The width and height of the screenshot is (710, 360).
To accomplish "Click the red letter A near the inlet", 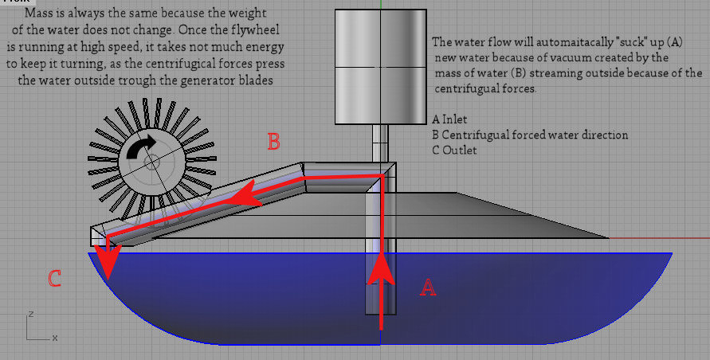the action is point(428,287).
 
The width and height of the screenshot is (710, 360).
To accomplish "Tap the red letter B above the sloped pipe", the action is point(273,142).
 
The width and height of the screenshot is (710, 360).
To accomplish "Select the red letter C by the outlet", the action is point(54,279).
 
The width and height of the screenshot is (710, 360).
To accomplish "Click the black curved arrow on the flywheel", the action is point(141,147).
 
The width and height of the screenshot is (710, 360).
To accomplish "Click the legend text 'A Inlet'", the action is point(449,119).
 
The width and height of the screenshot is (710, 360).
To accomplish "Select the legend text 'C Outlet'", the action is point(454,150).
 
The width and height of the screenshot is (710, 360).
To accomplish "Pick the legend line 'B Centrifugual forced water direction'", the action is point(530,135).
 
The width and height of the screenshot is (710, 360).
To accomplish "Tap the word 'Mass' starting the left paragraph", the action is point(36,13).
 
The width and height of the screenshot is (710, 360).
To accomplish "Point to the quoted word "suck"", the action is point(627,42).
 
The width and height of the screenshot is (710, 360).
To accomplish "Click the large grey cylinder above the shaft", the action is point(380,67).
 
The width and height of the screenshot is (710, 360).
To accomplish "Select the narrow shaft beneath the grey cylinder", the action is point(380,143).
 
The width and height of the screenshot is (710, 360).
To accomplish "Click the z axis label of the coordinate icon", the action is point(31,313).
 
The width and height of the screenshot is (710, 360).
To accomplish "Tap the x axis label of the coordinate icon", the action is point(55,338).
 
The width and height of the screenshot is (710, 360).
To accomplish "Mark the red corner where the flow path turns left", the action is point(380,177).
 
